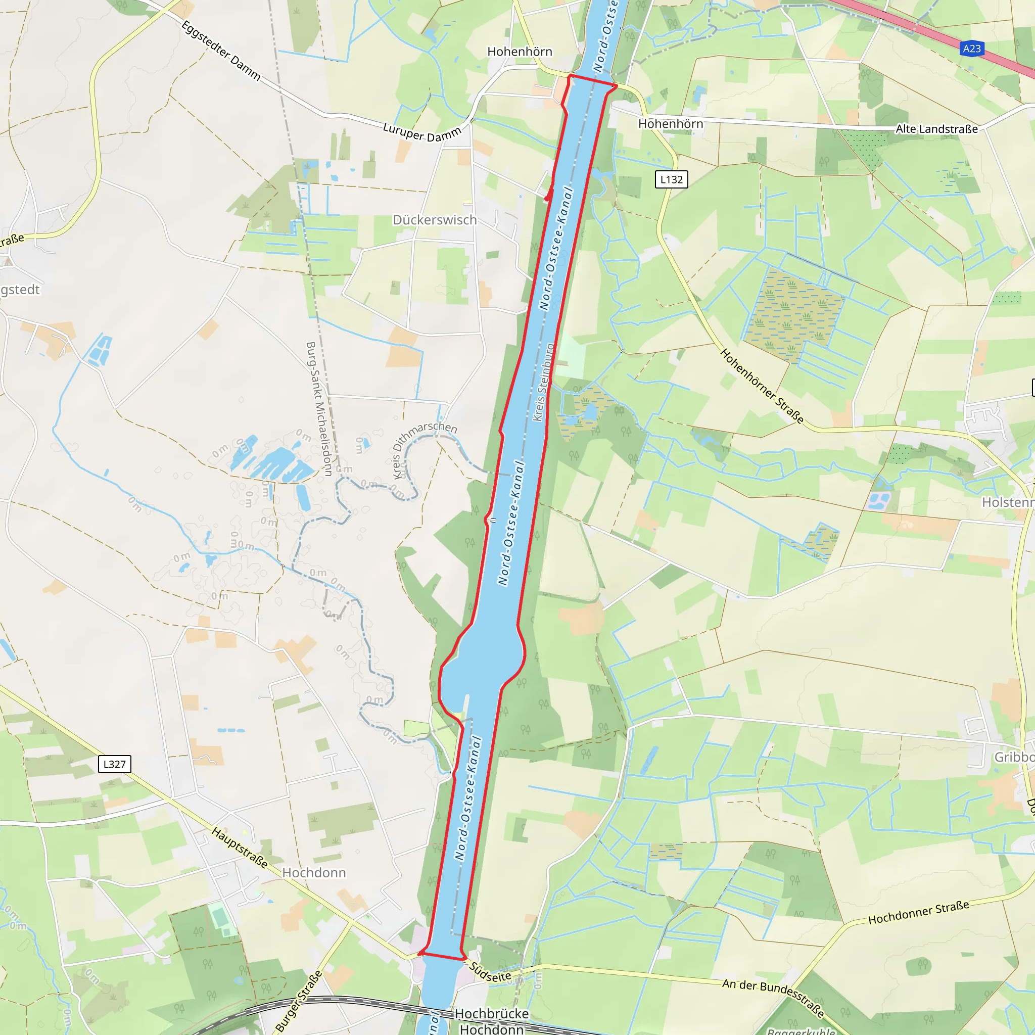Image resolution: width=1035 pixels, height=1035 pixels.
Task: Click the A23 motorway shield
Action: [972, 49]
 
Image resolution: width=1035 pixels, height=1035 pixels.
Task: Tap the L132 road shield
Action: [671, 179]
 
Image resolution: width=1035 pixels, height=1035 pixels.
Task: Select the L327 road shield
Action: [114, 764]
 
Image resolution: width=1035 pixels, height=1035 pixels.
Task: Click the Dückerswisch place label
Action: [435, 220]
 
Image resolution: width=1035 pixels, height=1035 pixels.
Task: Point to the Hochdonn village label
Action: [314, 873]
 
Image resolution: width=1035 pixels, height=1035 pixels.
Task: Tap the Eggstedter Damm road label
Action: [221, 51]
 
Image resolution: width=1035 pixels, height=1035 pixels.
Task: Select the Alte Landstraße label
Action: [936, 129]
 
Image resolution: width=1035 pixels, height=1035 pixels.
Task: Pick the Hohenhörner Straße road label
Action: [762, 386]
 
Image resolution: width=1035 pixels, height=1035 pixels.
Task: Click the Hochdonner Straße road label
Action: [918, 912]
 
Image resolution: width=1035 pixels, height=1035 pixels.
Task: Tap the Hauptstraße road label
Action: [240, 847]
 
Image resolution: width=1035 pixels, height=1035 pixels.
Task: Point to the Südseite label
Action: [490, 972]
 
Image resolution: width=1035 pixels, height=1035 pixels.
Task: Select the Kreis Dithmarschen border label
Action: [425, 449]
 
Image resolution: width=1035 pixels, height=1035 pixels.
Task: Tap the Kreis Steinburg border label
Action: [544, 382]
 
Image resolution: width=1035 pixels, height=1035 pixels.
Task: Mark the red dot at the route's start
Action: [547, 199]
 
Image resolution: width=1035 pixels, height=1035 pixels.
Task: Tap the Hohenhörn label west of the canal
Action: [519, 52]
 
